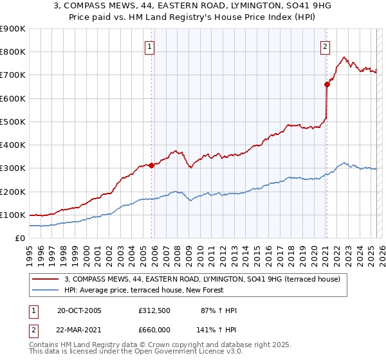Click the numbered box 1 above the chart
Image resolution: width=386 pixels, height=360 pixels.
149,46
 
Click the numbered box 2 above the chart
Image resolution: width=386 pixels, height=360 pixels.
326,46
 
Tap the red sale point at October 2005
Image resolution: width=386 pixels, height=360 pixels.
152,165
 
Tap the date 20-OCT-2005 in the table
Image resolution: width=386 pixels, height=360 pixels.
79,310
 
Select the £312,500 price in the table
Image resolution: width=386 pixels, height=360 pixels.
154,310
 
